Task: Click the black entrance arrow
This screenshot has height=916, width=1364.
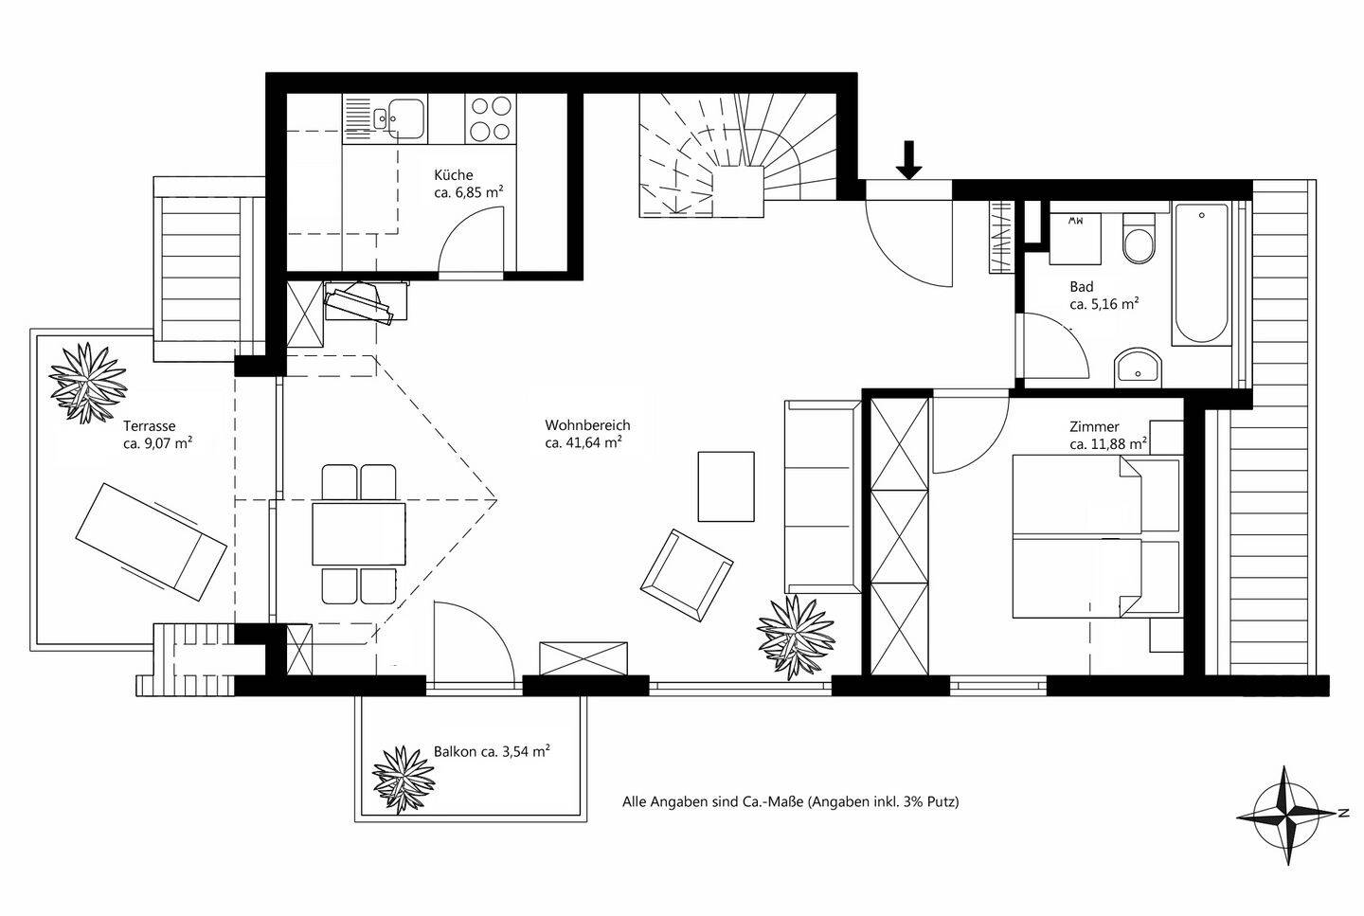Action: pos(908,159)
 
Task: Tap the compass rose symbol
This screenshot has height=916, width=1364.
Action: pos(1287,815)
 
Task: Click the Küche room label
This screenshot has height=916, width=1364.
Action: pos(453,175)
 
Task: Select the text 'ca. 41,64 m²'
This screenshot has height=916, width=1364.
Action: pos(583,442)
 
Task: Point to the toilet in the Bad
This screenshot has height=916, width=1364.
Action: pos(1137,241)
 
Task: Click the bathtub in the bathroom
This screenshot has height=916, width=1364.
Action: pos(1201,274)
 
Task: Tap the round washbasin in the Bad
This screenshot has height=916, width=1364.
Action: pos(1138,366)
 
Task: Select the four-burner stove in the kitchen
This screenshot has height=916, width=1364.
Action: pos(493,119)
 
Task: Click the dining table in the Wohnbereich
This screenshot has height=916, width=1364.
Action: pos(359,533)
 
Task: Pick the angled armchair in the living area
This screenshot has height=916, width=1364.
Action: pos(686,575)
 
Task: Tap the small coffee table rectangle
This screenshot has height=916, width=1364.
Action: pos(727,486)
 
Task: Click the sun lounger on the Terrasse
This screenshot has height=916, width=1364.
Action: pos(151,541)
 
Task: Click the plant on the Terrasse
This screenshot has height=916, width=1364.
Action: pos(88,382)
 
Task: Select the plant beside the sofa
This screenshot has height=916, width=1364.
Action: pos(797,635)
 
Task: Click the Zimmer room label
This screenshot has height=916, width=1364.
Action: pos(1094,427)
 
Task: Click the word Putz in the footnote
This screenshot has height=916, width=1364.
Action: pos(943,801)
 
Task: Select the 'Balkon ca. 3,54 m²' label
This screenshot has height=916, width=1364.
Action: pos(492,752)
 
